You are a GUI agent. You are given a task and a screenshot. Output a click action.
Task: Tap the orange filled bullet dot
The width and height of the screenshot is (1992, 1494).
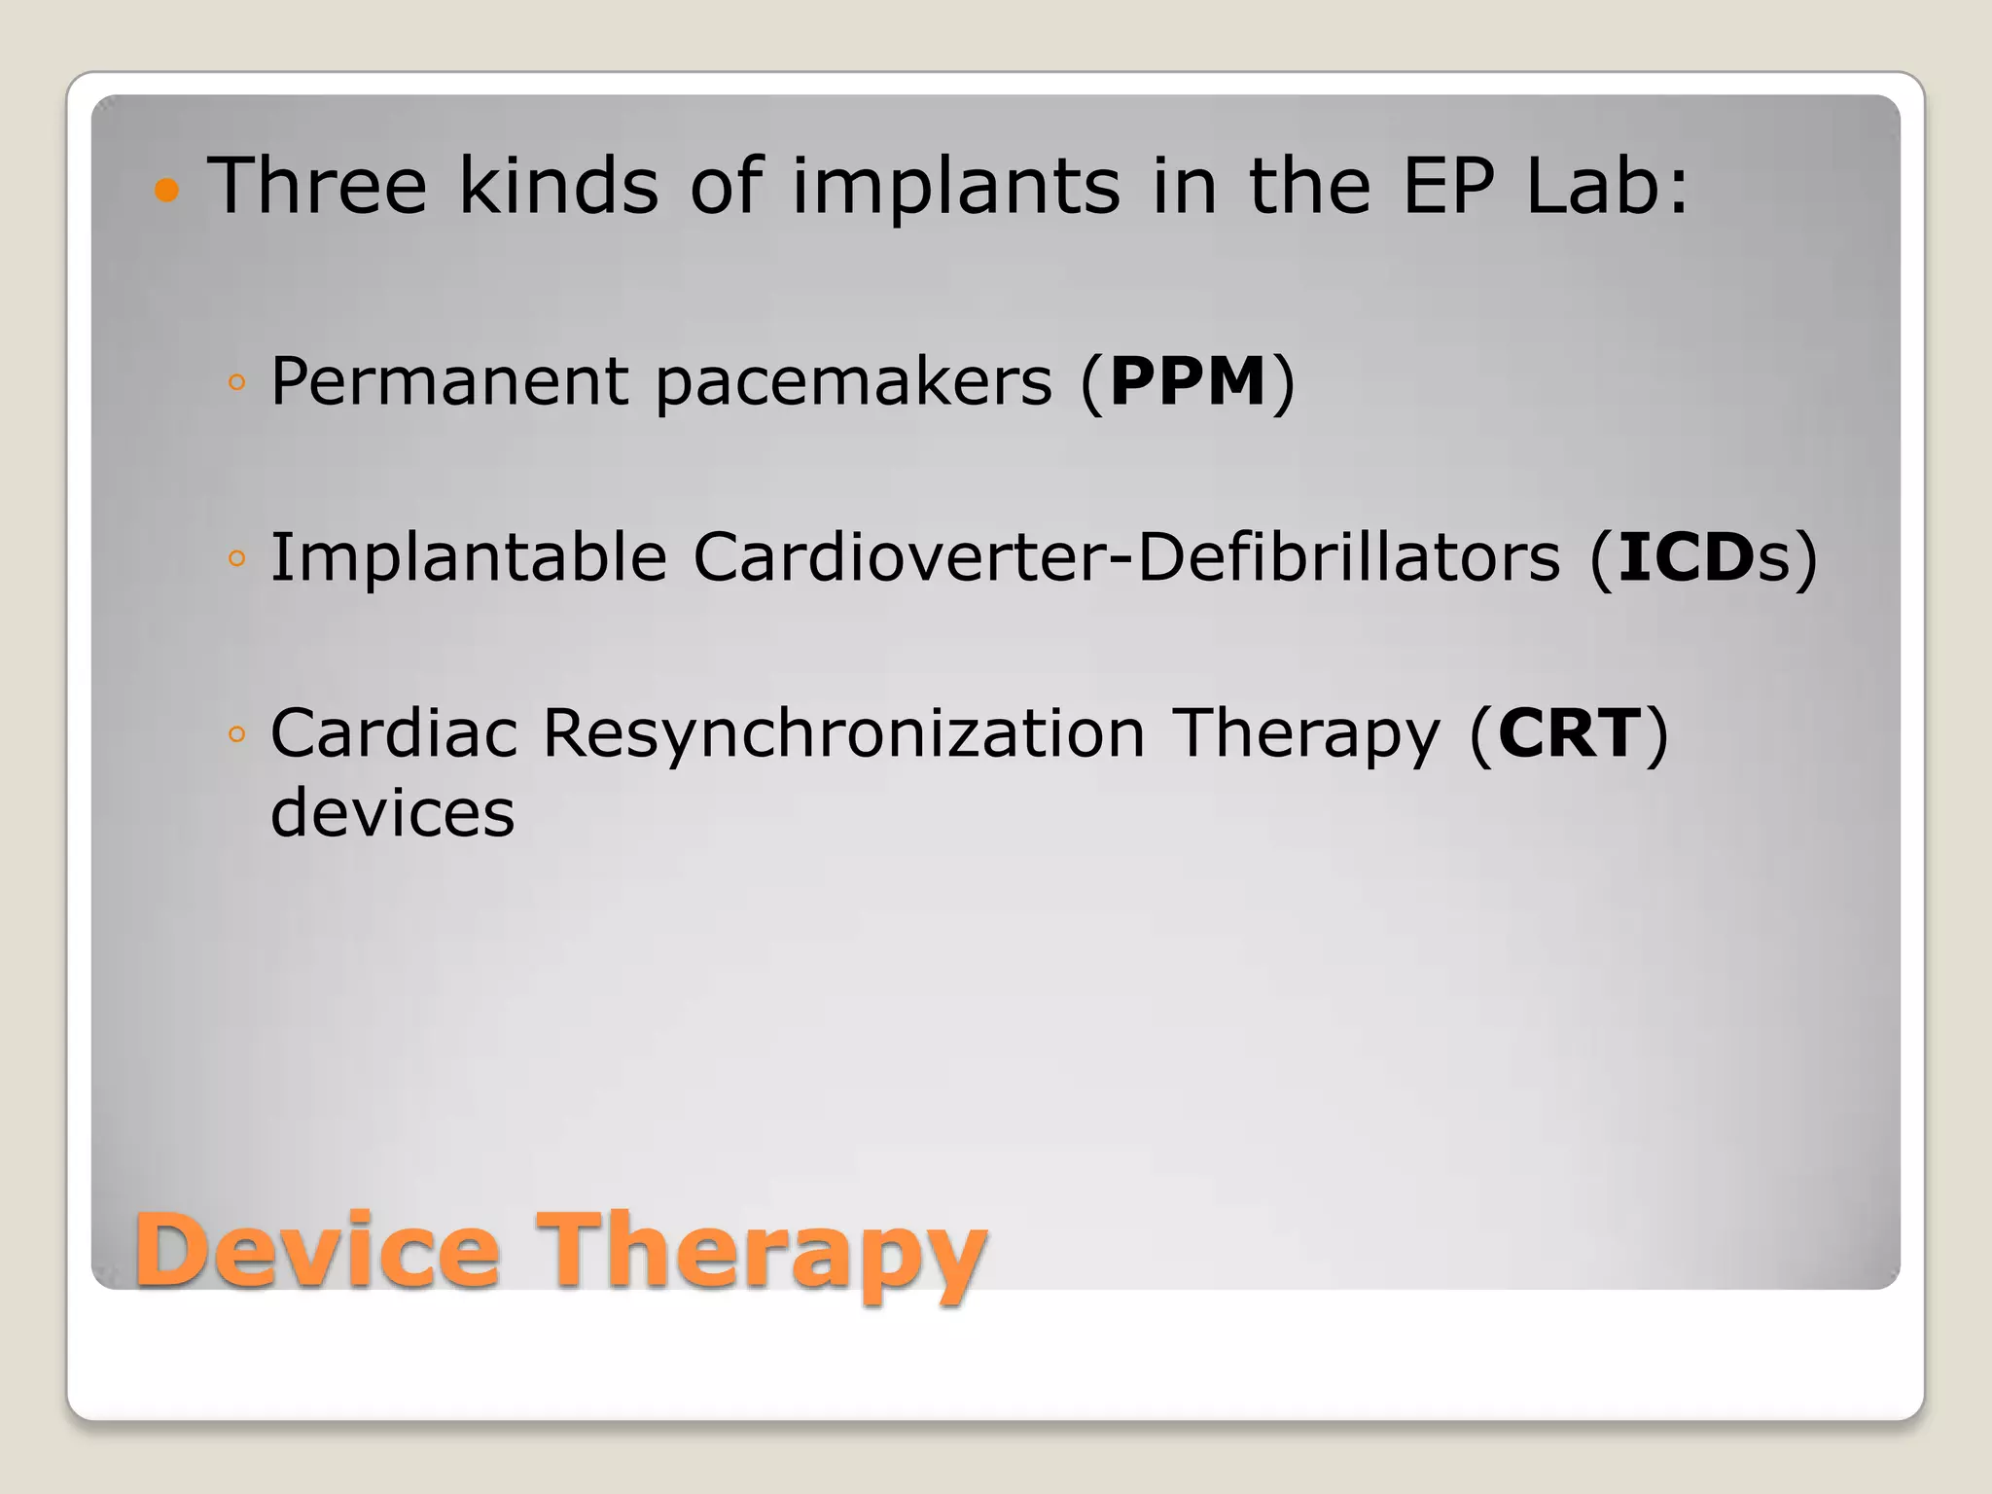[167, 189]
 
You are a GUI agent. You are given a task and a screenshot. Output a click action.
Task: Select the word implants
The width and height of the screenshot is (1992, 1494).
[955, 187]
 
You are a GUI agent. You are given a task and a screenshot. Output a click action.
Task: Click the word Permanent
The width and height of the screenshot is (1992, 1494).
[449, 381]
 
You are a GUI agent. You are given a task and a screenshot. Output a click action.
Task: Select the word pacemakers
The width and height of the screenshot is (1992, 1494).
[854, 383]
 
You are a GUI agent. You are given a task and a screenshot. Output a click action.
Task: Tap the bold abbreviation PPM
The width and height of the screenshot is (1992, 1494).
[1188, 381]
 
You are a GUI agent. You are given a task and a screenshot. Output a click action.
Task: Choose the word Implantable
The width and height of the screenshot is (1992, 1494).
[469, 557]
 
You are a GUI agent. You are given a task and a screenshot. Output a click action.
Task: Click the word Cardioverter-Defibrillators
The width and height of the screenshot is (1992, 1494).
[1126, 557]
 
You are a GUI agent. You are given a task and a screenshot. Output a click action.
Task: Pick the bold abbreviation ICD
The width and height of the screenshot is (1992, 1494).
[1686, 557]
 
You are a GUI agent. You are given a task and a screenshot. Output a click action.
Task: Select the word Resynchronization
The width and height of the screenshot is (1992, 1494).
[843, 734]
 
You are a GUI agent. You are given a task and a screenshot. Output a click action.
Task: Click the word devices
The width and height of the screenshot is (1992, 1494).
[392, 813]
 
